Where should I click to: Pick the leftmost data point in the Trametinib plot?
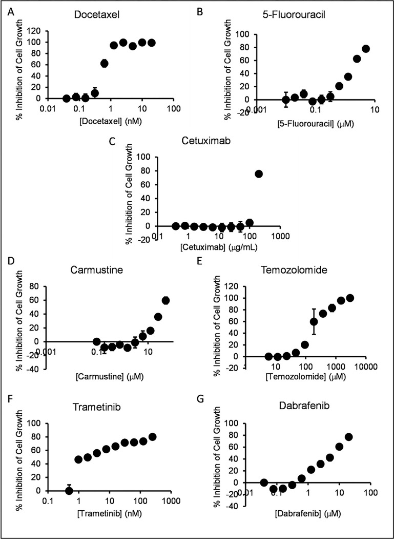coord(69,491)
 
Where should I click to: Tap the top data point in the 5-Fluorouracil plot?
coord(366,49)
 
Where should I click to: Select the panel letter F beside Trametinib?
coord(11,399)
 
